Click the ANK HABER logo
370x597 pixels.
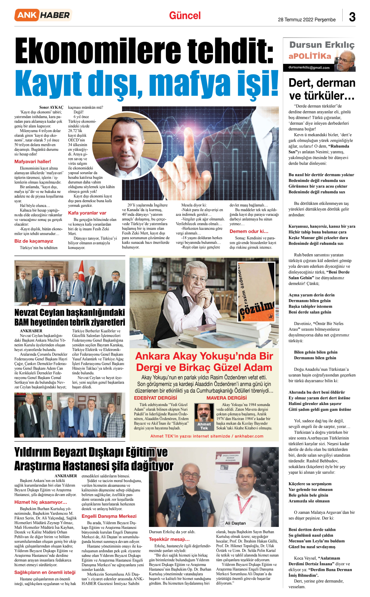pyautogui.click(x=43, y=15)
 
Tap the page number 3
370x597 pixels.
pyautogui.click(x=352, y=17)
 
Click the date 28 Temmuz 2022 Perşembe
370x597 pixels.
pyautogui.click(x=306, y=19)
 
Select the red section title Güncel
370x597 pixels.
pyautogui.click(x=185, y=16)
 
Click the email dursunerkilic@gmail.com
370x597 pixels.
pyautogui.click(x=309, y=68)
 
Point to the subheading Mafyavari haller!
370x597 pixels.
pyautogui.click(x=33, y=162)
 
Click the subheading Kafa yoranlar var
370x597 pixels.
pyautogui.click(x=87, y=213)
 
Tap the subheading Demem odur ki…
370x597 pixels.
pyautogui.click(x=249, y=231)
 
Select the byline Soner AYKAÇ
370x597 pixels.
pyautogui.click(x=51, y=107)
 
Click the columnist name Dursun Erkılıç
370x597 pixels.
pyautogui.click(x=322, y=45)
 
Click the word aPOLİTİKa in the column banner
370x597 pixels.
pyautogui.click(x=310, y=56)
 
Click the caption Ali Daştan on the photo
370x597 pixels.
pyautogui.click(x=235, y=523)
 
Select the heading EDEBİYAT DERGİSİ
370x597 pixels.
pyautogui.click(x=155, y=398)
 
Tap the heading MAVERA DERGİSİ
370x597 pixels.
pyautogui.click(x=227, y=398)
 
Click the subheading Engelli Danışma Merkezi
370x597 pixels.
pyautogui.click(x=109, y=516)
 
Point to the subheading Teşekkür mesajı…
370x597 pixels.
pyautogui.click(x=169, y=539)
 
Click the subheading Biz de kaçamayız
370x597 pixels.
pyautogui.click(x=34, y=241)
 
